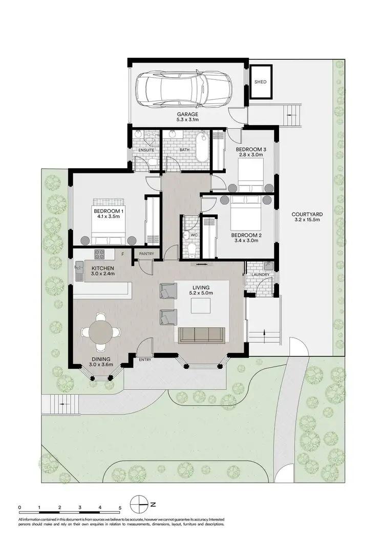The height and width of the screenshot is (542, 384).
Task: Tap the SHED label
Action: pos(261,82)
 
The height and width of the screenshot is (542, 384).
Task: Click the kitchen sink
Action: pos(78,269)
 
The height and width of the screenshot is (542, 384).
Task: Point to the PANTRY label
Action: pos(141,253)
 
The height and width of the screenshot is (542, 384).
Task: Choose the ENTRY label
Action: pos(144,359)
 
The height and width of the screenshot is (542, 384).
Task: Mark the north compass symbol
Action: pos(139,504)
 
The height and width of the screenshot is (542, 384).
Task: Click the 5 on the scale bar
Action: pos(120,508)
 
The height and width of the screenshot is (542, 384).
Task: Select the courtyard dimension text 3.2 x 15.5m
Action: pos(306,220)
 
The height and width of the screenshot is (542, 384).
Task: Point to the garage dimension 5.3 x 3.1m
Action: pos(187,120)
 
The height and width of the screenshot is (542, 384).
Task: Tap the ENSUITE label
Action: pos(145,150)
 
